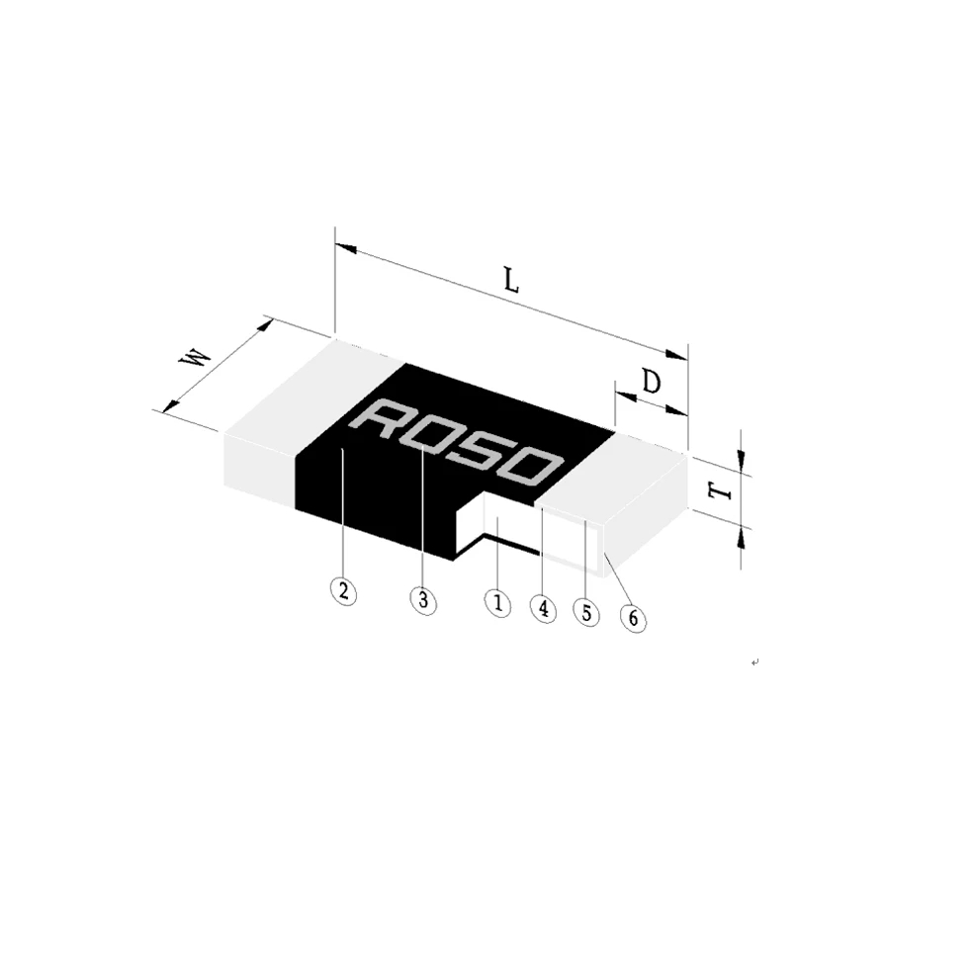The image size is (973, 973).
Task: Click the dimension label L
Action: pos(510,281)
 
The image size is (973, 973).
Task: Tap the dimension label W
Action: pos(195,358)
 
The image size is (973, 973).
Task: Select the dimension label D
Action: pos(651,382)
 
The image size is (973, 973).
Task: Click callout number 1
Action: pos(497,602)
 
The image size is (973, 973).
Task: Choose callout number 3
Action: pos(422,599)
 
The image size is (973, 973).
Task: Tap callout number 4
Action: pos(543,607)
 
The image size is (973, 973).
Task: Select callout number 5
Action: pos(586,613)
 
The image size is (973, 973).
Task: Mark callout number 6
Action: pos(633,620)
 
